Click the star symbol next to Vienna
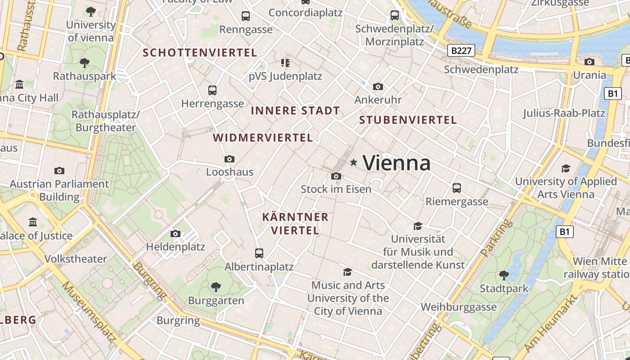(x=354, y=162)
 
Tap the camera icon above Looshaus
(x=229, y=159)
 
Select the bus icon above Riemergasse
(x=457, y=188)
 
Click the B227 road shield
(x=462, y=50)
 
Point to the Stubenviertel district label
(x=408, y=120)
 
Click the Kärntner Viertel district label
(x=295, y=224)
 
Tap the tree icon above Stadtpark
(x=504, y=275)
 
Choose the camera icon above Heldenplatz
(x=175, y=234)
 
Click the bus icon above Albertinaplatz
(x=259, y=253)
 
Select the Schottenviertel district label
(x=200, y=53)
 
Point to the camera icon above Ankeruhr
(x=378, y=86)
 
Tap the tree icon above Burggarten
(x=216, y=287)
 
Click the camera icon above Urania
(x=589, y=62)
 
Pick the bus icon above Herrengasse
(x=212, y=90)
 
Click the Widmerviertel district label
(x=263, y=138)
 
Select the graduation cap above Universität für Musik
(x=418, y=226)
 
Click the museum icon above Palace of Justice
(x=33, y=222)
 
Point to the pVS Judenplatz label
(x=285, y=76)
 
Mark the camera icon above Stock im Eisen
(x=336, y=176)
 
